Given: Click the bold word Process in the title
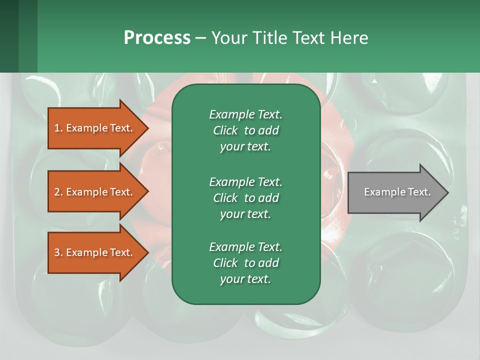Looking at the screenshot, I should pos(157,38).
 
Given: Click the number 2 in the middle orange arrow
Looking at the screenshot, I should pos(57,192).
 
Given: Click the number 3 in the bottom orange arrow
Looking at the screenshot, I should pos(57,252).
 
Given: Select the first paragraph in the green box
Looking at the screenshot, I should pos(245,130).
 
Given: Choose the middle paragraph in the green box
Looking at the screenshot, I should pos(245,197).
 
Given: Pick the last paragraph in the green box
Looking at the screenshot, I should pos(245,263).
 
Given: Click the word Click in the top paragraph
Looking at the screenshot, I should pos(225,130).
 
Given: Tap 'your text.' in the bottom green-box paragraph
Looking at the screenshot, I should pos(245,279).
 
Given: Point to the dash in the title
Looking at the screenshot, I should pos(200,38).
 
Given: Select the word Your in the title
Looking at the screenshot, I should pos(227,38).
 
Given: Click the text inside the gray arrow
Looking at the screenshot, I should pos(397,192).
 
